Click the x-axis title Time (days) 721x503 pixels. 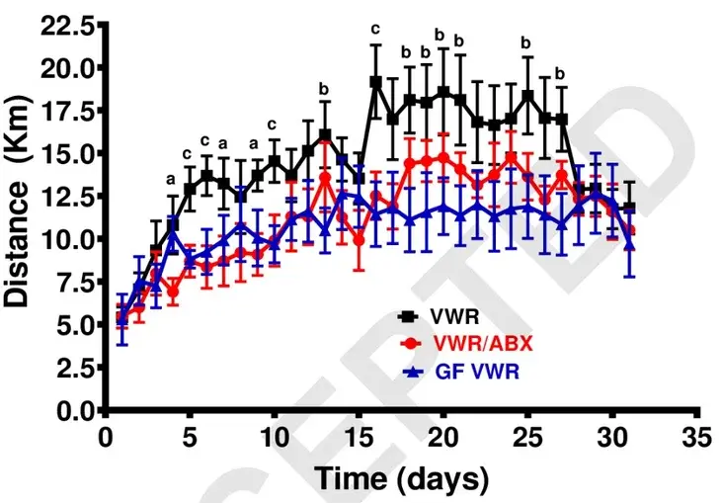401,479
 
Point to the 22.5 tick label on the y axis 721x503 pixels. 68,25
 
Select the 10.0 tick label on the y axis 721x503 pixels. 68,239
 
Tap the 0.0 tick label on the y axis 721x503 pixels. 75,409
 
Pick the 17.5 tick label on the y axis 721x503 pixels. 68,111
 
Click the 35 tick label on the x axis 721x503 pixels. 698,436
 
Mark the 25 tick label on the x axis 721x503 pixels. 528,436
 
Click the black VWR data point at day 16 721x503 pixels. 376,82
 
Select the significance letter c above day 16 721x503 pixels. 375,28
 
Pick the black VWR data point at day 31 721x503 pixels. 629,208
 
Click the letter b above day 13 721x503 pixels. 324,89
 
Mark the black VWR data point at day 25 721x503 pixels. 528,95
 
